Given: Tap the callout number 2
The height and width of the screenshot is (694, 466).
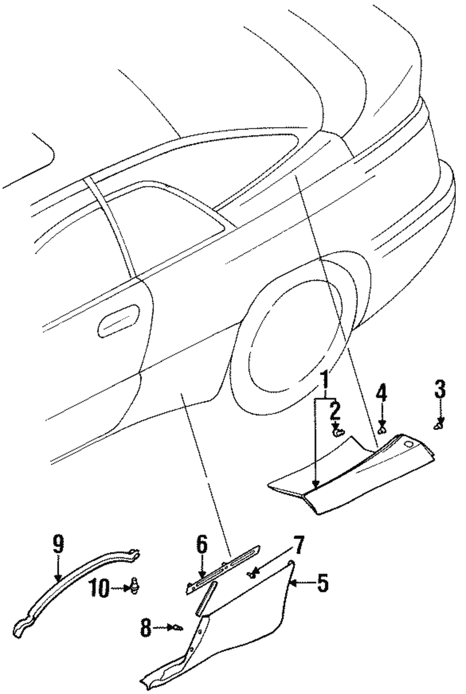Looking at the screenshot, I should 334,411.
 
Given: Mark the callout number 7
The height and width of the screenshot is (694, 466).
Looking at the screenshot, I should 298,545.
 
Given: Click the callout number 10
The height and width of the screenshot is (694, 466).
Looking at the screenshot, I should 100,588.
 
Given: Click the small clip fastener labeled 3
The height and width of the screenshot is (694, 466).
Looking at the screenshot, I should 439,424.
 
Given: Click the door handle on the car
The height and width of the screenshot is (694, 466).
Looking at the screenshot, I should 119,320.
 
